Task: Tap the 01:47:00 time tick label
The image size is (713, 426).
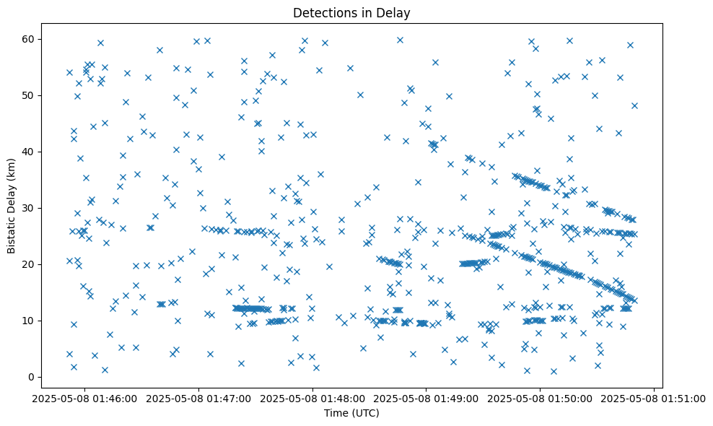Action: pos(199,398)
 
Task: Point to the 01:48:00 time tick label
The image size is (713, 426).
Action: pos(313,398)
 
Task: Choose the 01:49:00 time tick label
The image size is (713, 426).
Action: pos(427,398)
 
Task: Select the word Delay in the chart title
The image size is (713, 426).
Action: pos(395,12)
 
